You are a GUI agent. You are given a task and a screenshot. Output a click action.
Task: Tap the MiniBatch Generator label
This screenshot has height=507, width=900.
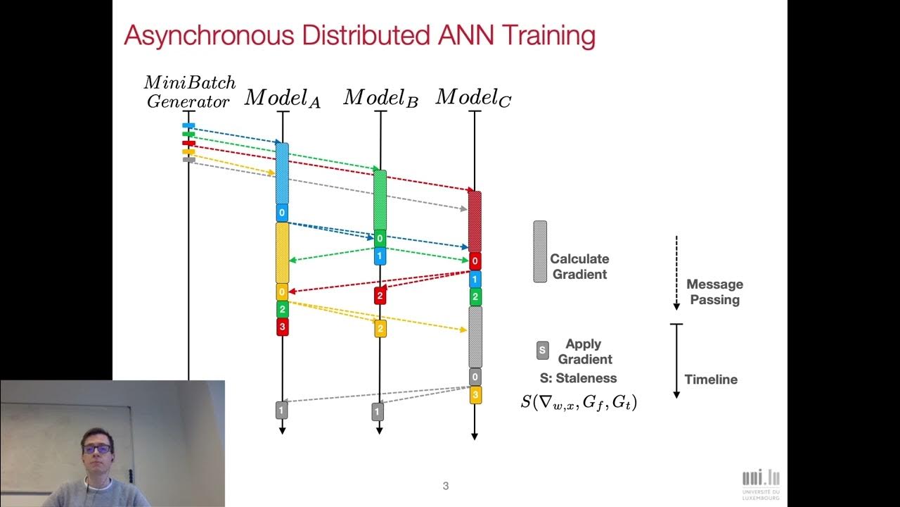point(189,92)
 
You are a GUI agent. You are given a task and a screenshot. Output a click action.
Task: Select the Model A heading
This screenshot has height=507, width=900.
point(282,99)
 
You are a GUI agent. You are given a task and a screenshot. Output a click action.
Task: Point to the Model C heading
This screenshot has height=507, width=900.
point(473,97)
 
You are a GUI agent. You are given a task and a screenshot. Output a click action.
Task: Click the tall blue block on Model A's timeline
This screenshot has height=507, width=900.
point(282,173)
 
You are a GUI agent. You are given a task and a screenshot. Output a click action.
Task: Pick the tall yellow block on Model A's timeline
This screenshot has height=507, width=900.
point(282,252)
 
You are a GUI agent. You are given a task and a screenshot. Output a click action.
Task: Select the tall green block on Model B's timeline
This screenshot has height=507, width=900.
point(380,199)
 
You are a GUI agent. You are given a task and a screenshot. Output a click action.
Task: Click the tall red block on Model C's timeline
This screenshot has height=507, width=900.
point(475,221)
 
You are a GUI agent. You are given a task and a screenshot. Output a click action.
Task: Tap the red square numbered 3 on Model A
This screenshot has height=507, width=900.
point(282,327)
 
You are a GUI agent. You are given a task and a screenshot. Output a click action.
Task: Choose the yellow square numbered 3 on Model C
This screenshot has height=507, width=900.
point(475,395)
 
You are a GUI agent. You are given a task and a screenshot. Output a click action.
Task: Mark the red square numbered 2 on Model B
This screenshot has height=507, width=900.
point(380,296)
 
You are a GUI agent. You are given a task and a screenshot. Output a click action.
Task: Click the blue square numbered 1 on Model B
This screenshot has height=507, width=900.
point(380,256)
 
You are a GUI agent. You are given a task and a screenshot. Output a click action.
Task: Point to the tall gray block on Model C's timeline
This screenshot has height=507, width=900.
point(475,337)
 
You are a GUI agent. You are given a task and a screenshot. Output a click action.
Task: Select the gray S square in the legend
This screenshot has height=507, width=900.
point(542,351)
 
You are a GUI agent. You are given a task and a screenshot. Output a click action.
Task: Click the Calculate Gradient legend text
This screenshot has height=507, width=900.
point(579,267)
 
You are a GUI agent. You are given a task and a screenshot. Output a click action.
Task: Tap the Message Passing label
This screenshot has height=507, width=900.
point(714,292)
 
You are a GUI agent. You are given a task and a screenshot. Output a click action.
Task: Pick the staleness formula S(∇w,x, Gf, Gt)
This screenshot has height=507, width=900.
point(579,403)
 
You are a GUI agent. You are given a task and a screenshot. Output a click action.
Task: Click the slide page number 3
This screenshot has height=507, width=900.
point(446,486)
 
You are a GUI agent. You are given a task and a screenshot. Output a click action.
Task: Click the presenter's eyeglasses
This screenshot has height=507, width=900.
point(97,448)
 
